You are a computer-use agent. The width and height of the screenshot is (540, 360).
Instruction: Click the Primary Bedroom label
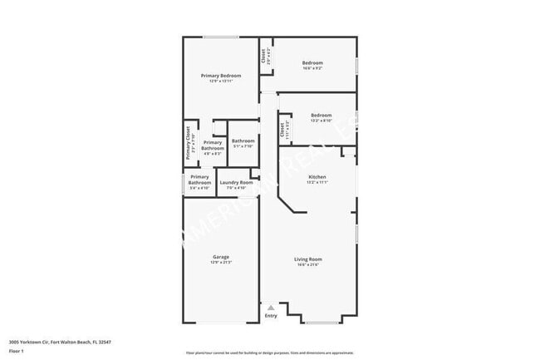pyautogui.click(x=221, y=75)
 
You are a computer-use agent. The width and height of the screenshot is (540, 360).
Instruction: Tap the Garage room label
pyautogui.click(x=221, y=257)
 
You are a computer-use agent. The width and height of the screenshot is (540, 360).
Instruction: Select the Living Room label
pyautogui.click(x=307, y=259)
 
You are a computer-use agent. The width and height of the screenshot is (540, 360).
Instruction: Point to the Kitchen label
pyautogui.click(x=317, y=177)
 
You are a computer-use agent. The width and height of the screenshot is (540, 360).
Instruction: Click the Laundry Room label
pyautogui.click(x=236, y=182)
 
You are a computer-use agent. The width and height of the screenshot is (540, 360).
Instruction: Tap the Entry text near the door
pyautogui.click(x=271, y=316)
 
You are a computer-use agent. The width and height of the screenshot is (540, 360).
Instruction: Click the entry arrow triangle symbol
pyautogui.click(x=270, y=308)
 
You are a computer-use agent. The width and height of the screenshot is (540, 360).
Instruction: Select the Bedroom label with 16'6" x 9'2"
pyautogui.click(x=312, y=62)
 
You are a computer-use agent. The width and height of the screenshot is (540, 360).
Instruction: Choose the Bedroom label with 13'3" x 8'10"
pyautogui.click(x=321, y=115)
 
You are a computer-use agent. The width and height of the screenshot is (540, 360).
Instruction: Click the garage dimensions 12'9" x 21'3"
pyautogui.click(x=221, y=263)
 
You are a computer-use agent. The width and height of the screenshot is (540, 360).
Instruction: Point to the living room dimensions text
pyautogui.click(x=307, y=265)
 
